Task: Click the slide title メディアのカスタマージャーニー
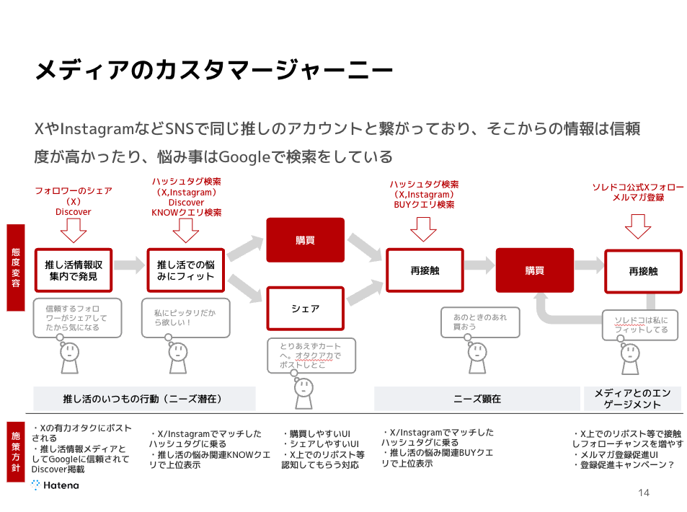point(214,70)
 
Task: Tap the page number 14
point(644,493)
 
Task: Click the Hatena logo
point(56,485)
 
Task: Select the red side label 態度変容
point(16,268)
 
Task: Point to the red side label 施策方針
point(16,452)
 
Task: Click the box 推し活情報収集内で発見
point(74,270)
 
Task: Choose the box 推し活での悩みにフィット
point(186,270)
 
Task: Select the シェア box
point(306,309)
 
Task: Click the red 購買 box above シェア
point(306,240)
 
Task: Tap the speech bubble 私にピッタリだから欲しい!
point(186,318)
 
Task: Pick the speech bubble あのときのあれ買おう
point(480,322)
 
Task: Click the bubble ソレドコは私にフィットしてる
point(640,325)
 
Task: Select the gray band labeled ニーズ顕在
point(477,399)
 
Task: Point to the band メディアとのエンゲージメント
point(632,399)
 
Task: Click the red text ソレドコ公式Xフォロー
point(638,187)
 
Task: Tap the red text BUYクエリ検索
point(424,205)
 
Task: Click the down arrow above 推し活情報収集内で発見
point(73,231)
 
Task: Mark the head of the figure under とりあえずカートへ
point(303,387)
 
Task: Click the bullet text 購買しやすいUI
point(316,434)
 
